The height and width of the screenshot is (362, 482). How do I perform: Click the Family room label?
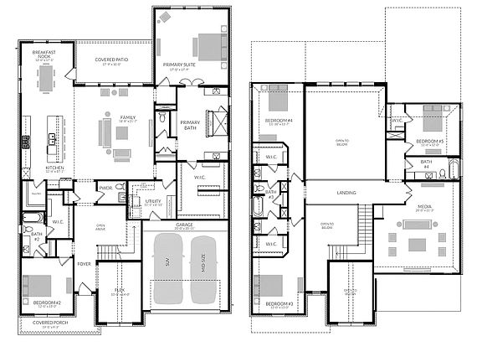click(x=127, y=117)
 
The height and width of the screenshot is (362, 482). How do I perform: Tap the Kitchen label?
click(x=55, y=168)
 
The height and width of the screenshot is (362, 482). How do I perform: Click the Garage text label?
click(x=183, y=225)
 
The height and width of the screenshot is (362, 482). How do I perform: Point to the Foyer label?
click(x=85, y=263)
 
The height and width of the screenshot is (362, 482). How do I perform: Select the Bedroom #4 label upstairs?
click(x=279, y=121)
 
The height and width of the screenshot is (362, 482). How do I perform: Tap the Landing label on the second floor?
click(x=346, y=193)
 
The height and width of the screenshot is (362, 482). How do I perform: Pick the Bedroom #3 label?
click(x=279, y=303)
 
